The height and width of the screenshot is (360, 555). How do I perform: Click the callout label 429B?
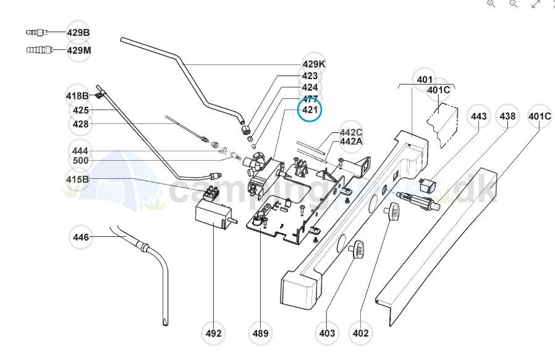coord(78,32)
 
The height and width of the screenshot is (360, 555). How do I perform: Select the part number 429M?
coord(79,50)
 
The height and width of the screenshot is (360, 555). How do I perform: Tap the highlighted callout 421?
coord(310,111)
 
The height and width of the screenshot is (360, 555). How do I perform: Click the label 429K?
coord(314,64)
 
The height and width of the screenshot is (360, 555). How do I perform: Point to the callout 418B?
coord(78,95)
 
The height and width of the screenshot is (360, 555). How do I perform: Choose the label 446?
coord(81,237)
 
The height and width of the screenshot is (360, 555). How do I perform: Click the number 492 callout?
coord(213,333)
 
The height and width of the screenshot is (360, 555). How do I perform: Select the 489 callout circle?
coord(261,333)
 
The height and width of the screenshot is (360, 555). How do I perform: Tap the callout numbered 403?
coord(327,333)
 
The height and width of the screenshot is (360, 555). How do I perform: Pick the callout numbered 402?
coord(360,333)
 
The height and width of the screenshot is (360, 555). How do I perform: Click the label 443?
coord(479,116)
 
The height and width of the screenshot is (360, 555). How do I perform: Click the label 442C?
coord(351,132)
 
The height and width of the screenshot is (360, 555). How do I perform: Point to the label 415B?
coord(78,179)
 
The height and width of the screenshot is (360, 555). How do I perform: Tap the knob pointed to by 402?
coord(391,214)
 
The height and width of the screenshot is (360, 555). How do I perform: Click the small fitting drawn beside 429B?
coord(36,32)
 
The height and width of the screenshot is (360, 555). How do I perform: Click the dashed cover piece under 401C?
coord(444,126)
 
